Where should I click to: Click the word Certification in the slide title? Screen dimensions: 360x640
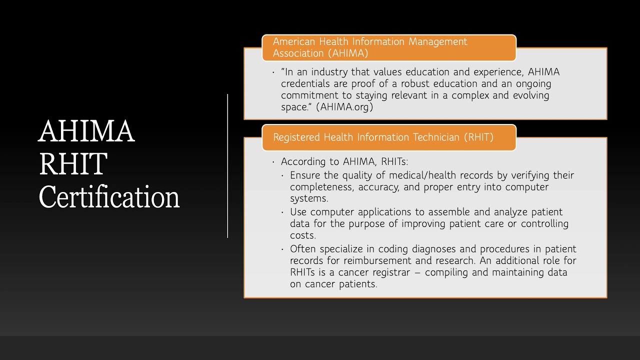click(x=109, y=197)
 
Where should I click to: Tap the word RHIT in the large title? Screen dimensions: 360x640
click(x=73, y=164)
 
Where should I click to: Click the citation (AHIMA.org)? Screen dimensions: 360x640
click(x=344, y=107)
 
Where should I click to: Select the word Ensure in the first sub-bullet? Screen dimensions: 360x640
click(x=305, y=175)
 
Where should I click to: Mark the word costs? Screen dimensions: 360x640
click(x=301, y=235)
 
